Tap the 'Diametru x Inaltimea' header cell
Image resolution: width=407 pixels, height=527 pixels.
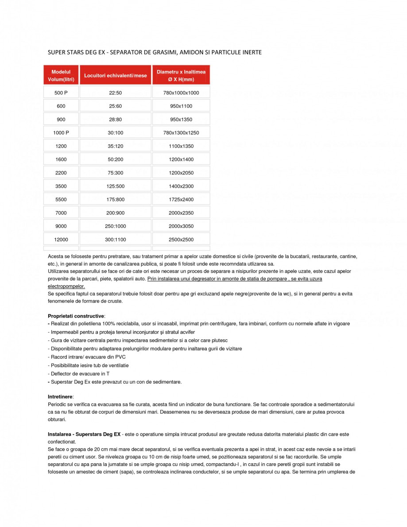181,75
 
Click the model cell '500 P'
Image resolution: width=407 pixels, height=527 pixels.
61,93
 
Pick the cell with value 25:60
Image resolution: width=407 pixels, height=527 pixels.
115,106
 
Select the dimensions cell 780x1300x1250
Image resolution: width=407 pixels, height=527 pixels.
181,133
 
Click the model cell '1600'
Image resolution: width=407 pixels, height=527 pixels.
61,159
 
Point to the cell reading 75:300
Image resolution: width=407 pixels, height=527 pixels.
115,173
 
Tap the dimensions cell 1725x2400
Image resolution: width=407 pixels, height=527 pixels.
181,200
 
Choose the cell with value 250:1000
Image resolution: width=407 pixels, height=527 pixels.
115,226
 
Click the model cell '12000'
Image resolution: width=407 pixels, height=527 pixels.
61,240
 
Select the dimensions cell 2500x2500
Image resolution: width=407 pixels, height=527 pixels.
181,240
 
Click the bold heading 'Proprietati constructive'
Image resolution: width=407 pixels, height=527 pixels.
76,316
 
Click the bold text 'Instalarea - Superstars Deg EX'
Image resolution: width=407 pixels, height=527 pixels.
84,434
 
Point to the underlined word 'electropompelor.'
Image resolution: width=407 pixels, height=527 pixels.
66,287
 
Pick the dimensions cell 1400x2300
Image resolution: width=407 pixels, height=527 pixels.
181,186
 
